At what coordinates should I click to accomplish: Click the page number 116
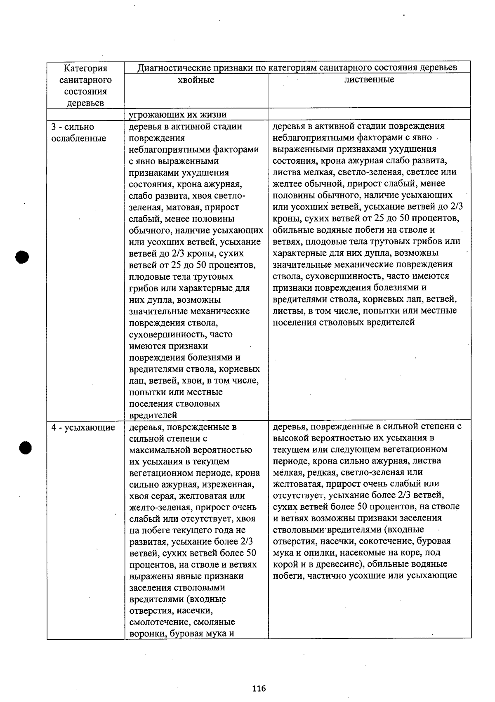click(x=259, y=688)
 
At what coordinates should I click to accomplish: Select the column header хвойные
click(x=196, y=80)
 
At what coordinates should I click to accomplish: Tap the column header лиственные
click(x=369, y=79)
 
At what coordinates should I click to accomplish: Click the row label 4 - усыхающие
click(x=83, y=427)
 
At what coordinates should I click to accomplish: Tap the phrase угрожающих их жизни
click(x=177, y=115)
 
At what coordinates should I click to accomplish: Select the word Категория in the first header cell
click(x=85, y=68)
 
